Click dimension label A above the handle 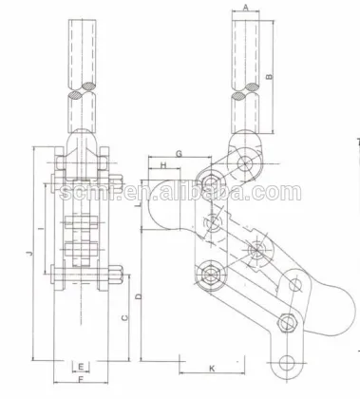click(246, 7)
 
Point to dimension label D click(140, 296)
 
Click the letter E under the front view click(82, 366)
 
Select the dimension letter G click(178, 153)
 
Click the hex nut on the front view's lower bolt click(115, 278)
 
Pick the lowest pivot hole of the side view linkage click(288, 361)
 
